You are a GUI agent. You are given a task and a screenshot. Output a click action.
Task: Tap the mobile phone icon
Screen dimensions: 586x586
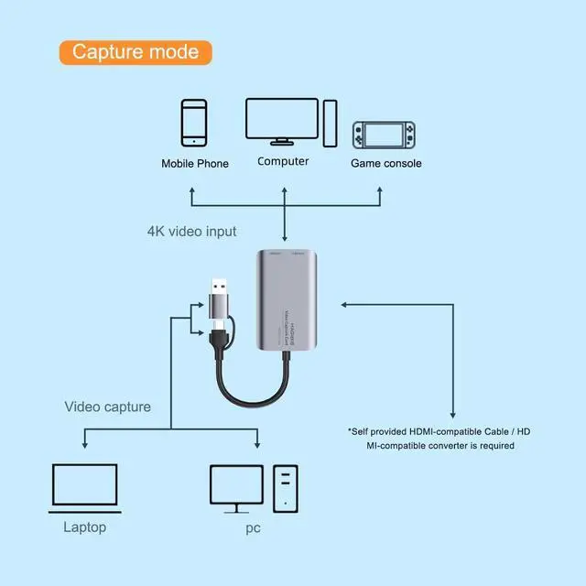coord(193,123)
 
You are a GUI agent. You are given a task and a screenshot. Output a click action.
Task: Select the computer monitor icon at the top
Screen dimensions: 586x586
coord(280,121)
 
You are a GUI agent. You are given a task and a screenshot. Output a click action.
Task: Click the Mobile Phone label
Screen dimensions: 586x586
coord(195,164)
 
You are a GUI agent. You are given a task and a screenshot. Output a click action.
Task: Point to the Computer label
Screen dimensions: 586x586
coord(283,161)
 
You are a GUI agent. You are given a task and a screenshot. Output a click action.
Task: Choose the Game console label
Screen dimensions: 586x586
coord(386,164)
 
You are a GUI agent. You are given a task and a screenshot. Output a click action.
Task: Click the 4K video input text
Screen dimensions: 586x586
coord(191,231)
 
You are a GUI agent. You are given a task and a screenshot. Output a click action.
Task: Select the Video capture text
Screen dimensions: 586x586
coord(108,407)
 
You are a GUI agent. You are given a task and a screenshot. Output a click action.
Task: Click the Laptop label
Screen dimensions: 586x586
coord(84,527)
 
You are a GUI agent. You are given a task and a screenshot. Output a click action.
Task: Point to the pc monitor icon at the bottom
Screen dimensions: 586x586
coord(237,488)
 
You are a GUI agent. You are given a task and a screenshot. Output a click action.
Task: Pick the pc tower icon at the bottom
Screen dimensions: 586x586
coord(286,487)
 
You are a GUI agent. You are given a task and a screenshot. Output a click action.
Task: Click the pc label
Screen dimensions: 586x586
coord(253,528)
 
